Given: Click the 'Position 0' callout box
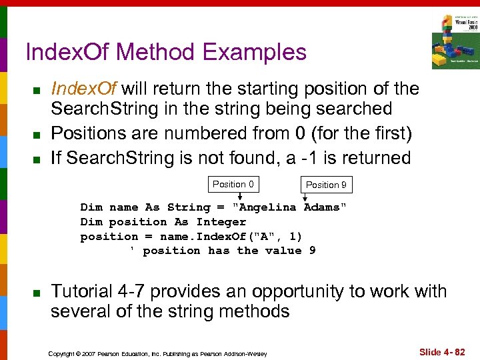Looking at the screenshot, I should tap(233, 185).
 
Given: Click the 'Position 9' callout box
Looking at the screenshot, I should tap(326, 185).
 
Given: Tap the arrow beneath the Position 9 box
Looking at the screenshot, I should tap(306, 197).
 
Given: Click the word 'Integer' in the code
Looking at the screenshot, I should tap(221, 222).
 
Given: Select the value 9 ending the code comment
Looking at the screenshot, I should tap(312, 251).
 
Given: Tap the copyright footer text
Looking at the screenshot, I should tap(157, 353).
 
